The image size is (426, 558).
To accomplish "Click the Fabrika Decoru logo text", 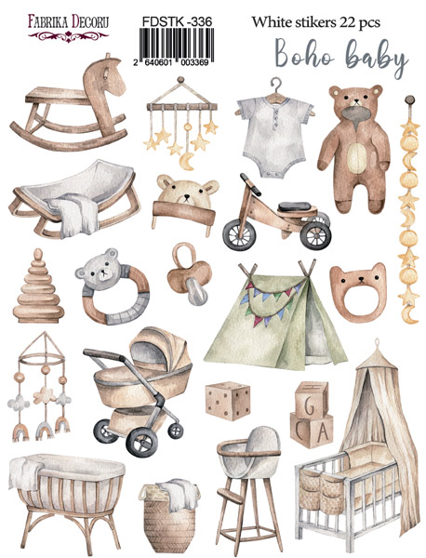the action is (68, 21).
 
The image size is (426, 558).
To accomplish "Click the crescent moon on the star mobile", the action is (187, 161).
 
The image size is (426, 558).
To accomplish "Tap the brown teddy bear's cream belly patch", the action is (356, 157).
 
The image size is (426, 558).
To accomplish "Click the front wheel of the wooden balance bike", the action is (239, 234).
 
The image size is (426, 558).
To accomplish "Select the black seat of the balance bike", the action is (294, 206).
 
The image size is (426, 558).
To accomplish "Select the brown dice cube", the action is (228, 400).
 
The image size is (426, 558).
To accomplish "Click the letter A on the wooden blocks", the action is (322, 432).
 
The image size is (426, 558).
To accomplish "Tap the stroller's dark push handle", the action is (104, 353).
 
